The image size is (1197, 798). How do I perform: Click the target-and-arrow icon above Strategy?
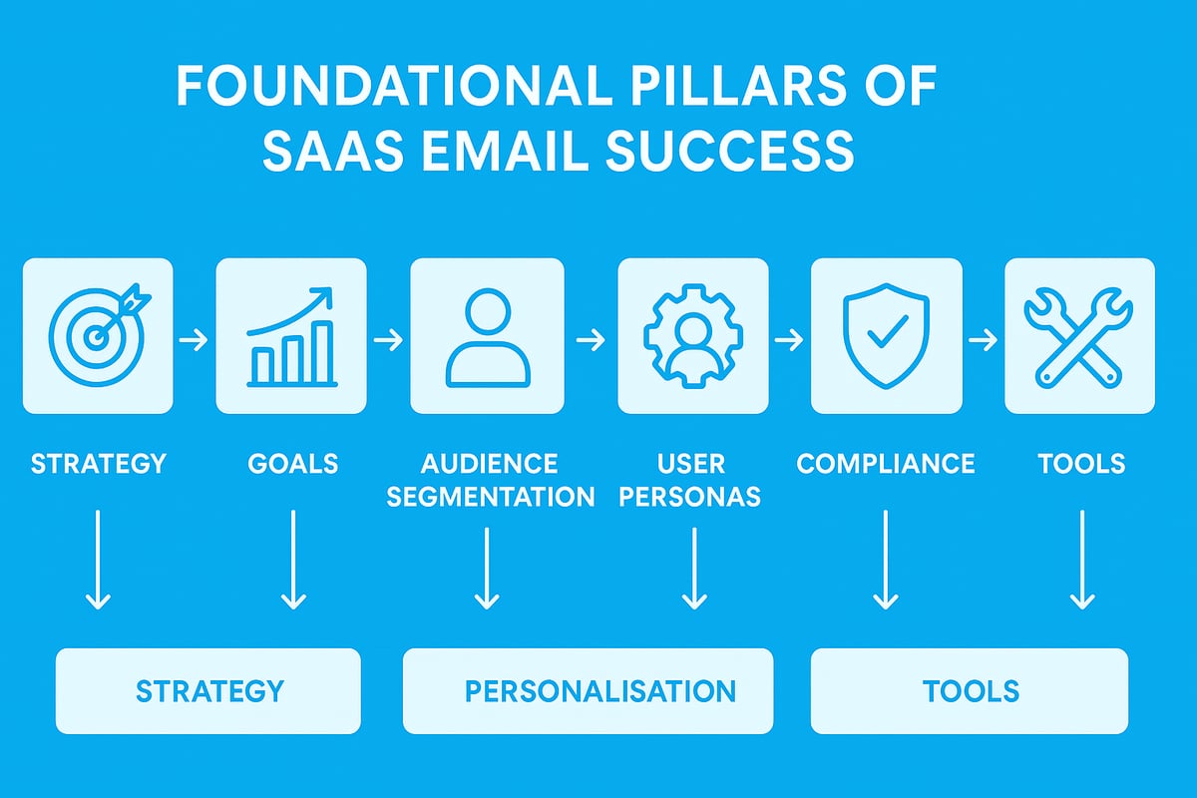point(97,335)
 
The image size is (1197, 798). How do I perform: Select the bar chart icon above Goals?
point(291,335)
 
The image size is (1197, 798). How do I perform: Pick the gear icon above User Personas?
point(692,335)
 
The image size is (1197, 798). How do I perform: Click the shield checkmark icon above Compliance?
point(886,335)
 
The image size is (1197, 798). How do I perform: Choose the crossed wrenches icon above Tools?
point(1079,335)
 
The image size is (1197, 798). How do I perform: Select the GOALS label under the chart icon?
point(292,463)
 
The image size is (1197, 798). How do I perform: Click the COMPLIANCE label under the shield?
point(886,463)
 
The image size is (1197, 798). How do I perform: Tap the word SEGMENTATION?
point(490,496)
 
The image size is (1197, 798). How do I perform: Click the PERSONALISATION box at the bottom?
point(588,690)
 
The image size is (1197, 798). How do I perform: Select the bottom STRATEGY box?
point(208,690)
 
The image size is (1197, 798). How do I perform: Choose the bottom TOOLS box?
point(970,690)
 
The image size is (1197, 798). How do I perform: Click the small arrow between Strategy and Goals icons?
point(194,340)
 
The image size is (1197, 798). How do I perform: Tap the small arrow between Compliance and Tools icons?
point(983,340)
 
